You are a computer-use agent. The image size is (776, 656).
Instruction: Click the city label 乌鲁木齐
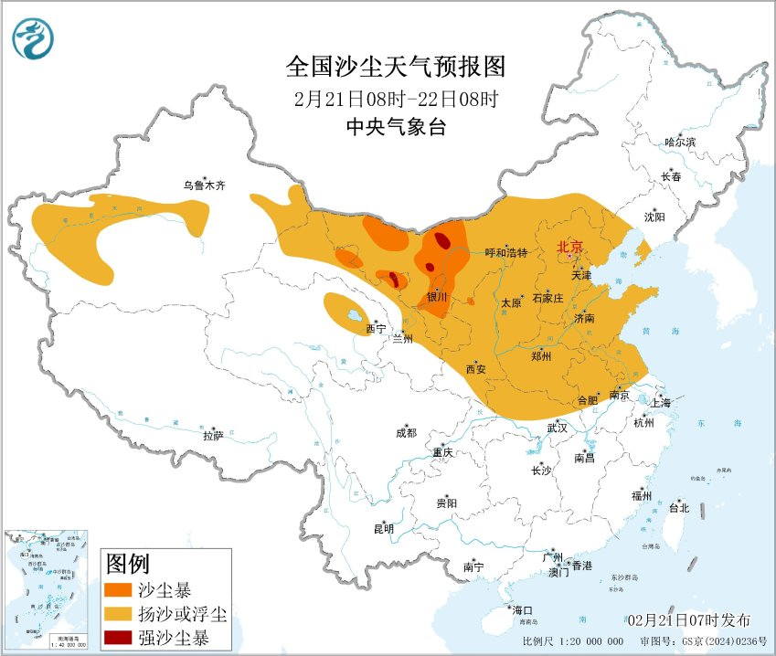click(203, 185)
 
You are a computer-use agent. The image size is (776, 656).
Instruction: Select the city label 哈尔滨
click(680, 142)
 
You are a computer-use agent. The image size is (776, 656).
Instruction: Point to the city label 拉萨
click(213, 436)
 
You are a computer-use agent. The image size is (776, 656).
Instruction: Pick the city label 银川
click(437, 297)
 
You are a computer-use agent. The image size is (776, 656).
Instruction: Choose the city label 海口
click(522, 610)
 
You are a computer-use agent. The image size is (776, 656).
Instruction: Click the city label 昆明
click(383, 528)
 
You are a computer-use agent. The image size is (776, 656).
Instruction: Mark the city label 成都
click(406, 433)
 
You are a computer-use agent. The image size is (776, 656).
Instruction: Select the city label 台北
click(679, 508)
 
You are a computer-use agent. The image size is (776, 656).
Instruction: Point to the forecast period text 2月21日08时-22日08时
click(396, 99)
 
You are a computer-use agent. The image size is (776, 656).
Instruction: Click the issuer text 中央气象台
click(396, 128)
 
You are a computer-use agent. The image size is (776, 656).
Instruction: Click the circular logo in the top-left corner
click(34, 37)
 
